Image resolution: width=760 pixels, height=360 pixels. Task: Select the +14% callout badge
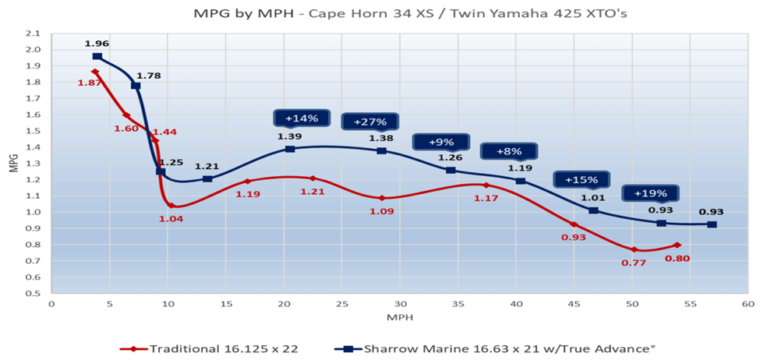click(301, 118)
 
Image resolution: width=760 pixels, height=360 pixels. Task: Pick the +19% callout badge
click(649, 193)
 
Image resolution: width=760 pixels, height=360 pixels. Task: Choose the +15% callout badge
click(581, 179)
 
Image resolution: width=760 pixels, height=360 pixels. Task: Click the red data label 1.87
click(90, 83)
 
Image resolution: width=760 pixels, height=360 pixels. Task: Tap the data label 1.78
click(148, 76)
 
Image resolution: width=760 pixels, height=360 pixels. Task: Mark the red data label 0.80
click(677, 258)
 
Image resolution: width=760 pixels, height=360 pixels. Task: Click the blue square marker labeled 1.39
click(290, 148)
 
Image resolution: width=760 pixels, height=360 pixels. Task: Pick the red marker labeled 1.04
click(171, 206)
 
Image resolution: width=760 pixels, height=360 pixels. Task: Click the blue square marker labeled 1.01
click(593, 210)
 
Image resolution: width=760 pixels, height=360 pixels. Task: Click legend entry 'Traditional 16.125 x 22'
click(199, 348)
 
